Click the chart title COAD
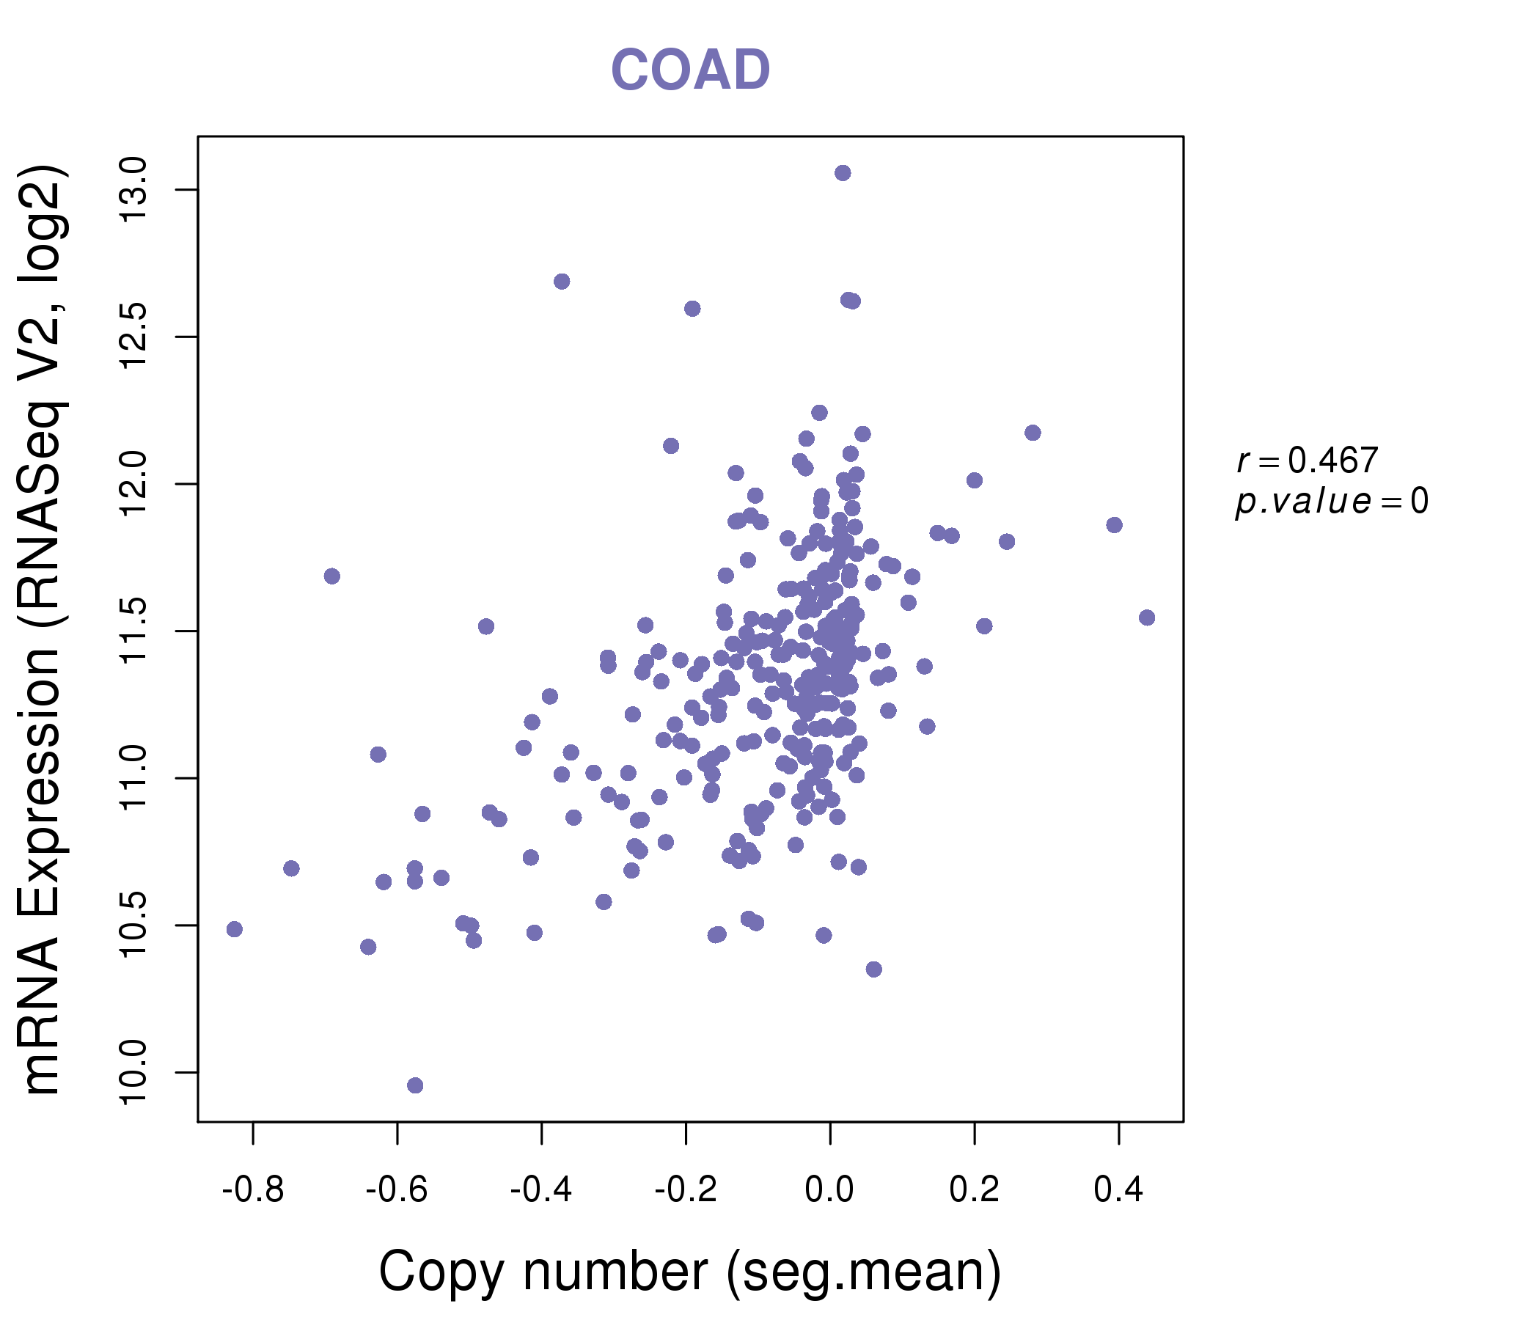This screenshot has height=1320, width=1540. pyautogui.click(x=690, y=70)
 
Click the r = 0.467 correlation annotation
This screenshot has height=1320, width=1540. pyautogui.click(x=1307, y=461)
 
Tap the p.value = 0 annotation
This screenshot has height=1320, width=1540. pyautogui.click(x=1331, y=502)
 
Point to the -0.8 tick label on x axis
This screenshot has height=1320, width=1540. pyautogui.click(x=253, y=1190)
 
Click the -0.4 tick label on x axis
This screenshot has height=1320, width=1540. pyautogui.click(x=541, y=1190)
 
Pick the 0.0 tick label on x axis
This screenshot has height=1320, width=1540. pyautogui.click(x=829, y=1190)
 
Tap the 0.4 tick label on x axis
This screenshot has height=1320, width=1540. pyautogui.click(x=1118, y=1190)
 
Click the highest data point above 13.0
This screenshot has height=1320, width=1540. pyautogui.click(x=842, y=173)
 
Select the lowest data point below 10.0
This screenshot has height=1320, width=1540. pyautogui.click(x=415, y=1085)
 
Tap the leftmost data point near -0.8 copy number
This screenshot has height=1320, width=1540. pyautogui.click(x=234, y=929)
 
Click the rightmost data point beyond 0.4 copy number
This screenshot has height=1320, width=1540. pyautogui.click(x=1146, y=617)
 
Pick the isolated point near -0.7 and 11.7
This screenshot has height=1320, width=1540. pyautogui.click(x=331, y=576)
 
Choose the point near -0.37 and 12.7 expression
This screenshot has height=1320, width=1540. pyautogui.click(x=562, y=282)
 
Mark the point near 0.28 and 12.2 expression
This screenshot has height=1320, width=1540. pyautogui.click(x=1033, y=433)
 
